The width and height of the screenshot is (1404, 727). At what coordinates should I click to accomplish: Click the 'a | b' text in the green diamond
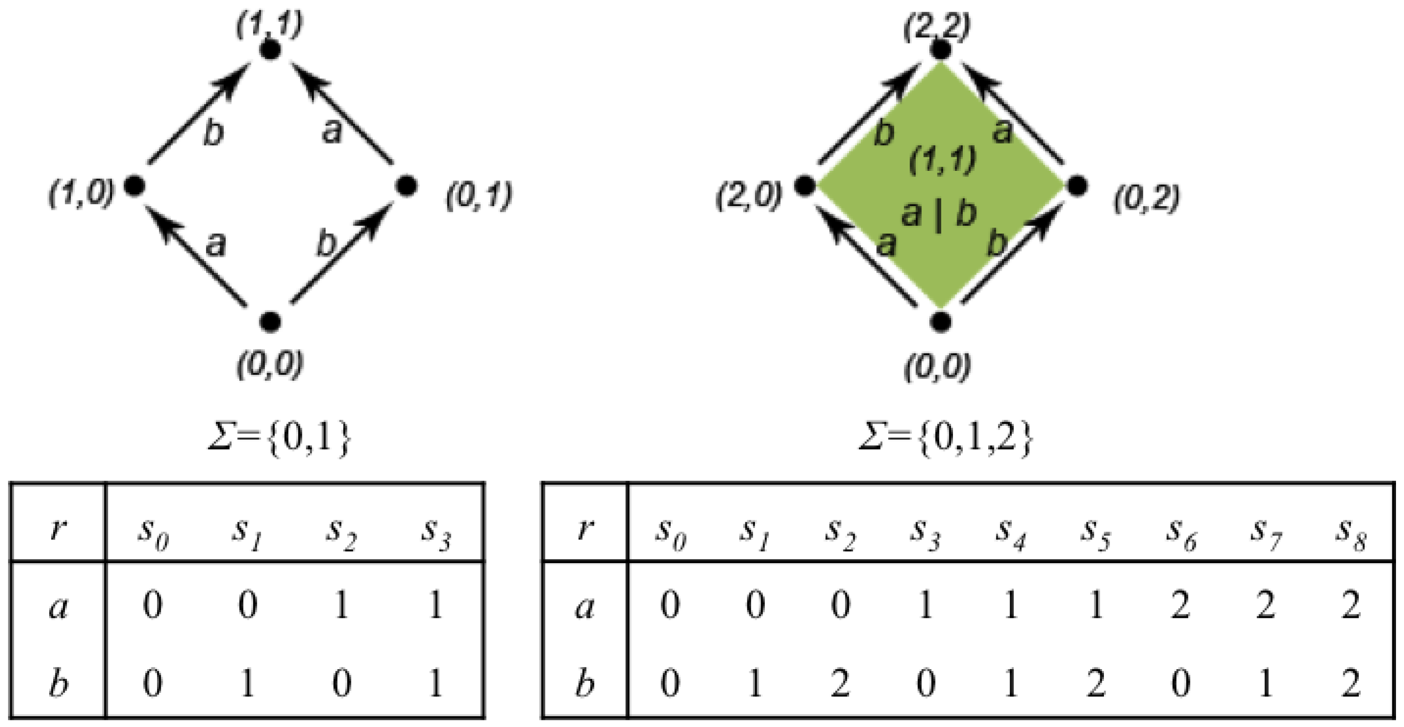(x=938, y=215)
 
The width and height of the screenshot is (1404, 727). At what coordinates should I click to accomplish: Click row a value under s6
(x=1181, y=606)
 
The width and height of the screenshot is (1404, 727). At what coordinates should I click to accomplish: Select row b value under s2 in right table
(x=840, y=682)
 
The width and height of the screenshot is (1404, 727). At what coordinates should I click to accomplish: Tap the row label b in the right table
(x=584, y=682)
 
